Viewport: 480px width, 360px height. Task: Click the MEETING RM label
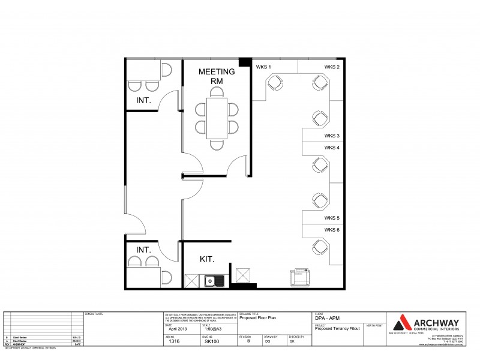tap(216, 76)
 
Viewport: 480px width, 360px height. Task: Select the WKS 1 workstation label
tap(263, 67)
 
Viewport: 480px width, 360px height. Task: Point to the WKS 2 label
tap(332, 67)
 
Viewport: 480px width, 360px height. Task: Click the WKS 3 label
tap(332, 136)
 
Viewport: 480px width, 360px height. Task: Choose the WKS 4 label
tap(332, 148)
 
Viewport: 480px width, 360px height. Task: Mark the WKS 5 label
tap(332, 218)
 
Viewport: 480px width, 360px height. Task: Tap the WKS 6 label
tap(332, 230)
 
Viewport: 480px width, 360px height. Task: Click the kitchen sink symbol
tap(212, 280)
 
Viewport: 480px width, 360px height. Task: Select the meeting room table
tap(216, 118)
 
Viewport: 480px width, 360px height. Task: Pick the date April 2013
tap(178, 329)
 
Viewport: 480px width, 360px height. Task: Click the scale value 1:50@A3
tap(215, 329)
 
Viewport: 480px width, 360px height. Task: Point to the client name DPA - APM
tap(326, 319)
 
